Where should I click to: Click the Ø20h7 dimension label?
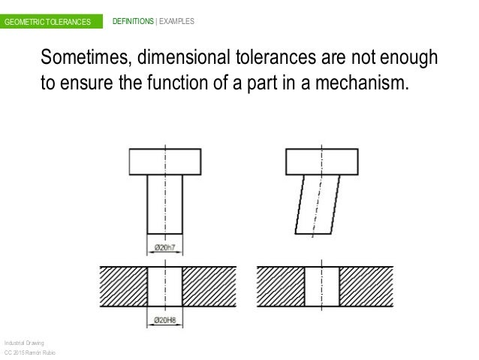click(164, 248)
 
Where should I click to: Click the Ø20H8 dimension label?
click(164, 319)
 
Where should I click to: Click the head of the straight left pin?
click(164, 160)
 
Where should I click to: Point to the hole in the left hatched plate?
click(164, 286)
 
